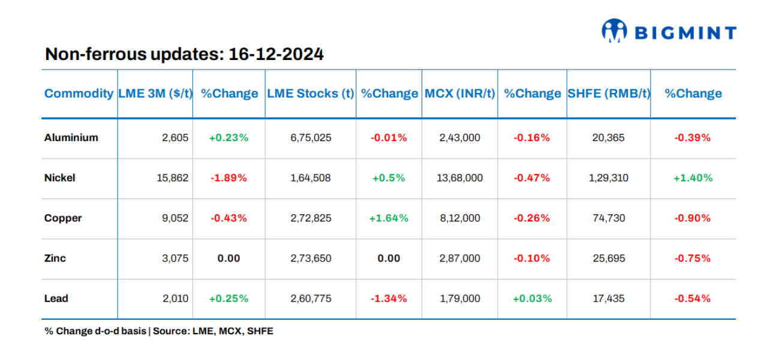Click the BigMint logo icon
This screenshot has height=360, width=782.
pos(613,31)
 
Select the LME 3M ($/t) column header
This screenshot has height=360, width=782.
pos(155,94)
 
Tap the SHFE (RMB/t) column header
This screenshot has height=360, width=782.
pos(609,94)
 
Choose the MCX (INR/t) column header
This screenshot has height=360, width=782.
pos(460,94)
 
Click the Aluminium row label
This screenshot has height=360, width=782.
pos(71,137)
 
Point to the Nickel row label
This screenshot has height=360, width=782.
pos(59,178)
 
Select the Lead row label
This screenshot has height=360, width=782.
pos(56,298)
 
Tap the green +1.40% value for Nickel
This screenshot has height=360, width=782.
pos(693,178)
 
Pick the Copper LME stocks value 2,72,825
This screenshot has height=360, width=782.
pos(311,218)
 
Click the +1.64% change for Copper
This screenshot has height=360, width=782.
pos(389,218)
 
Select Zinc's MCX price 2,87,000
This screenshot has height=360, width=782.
pos(460,258)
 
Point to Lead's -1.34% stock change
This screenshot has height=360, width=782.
pos(389,298)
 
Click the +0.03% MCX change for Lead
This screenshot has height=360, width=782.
pos(531,298)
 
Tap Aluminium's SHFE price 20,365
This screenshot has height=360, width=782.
pos(608,137)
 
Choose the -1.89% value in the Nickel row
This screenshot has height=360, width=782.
pos(228,178)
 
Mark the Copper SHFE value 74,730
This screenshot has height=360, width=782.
pos(608,218)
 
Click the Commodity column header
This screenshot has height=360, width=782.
pos(79,94)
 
